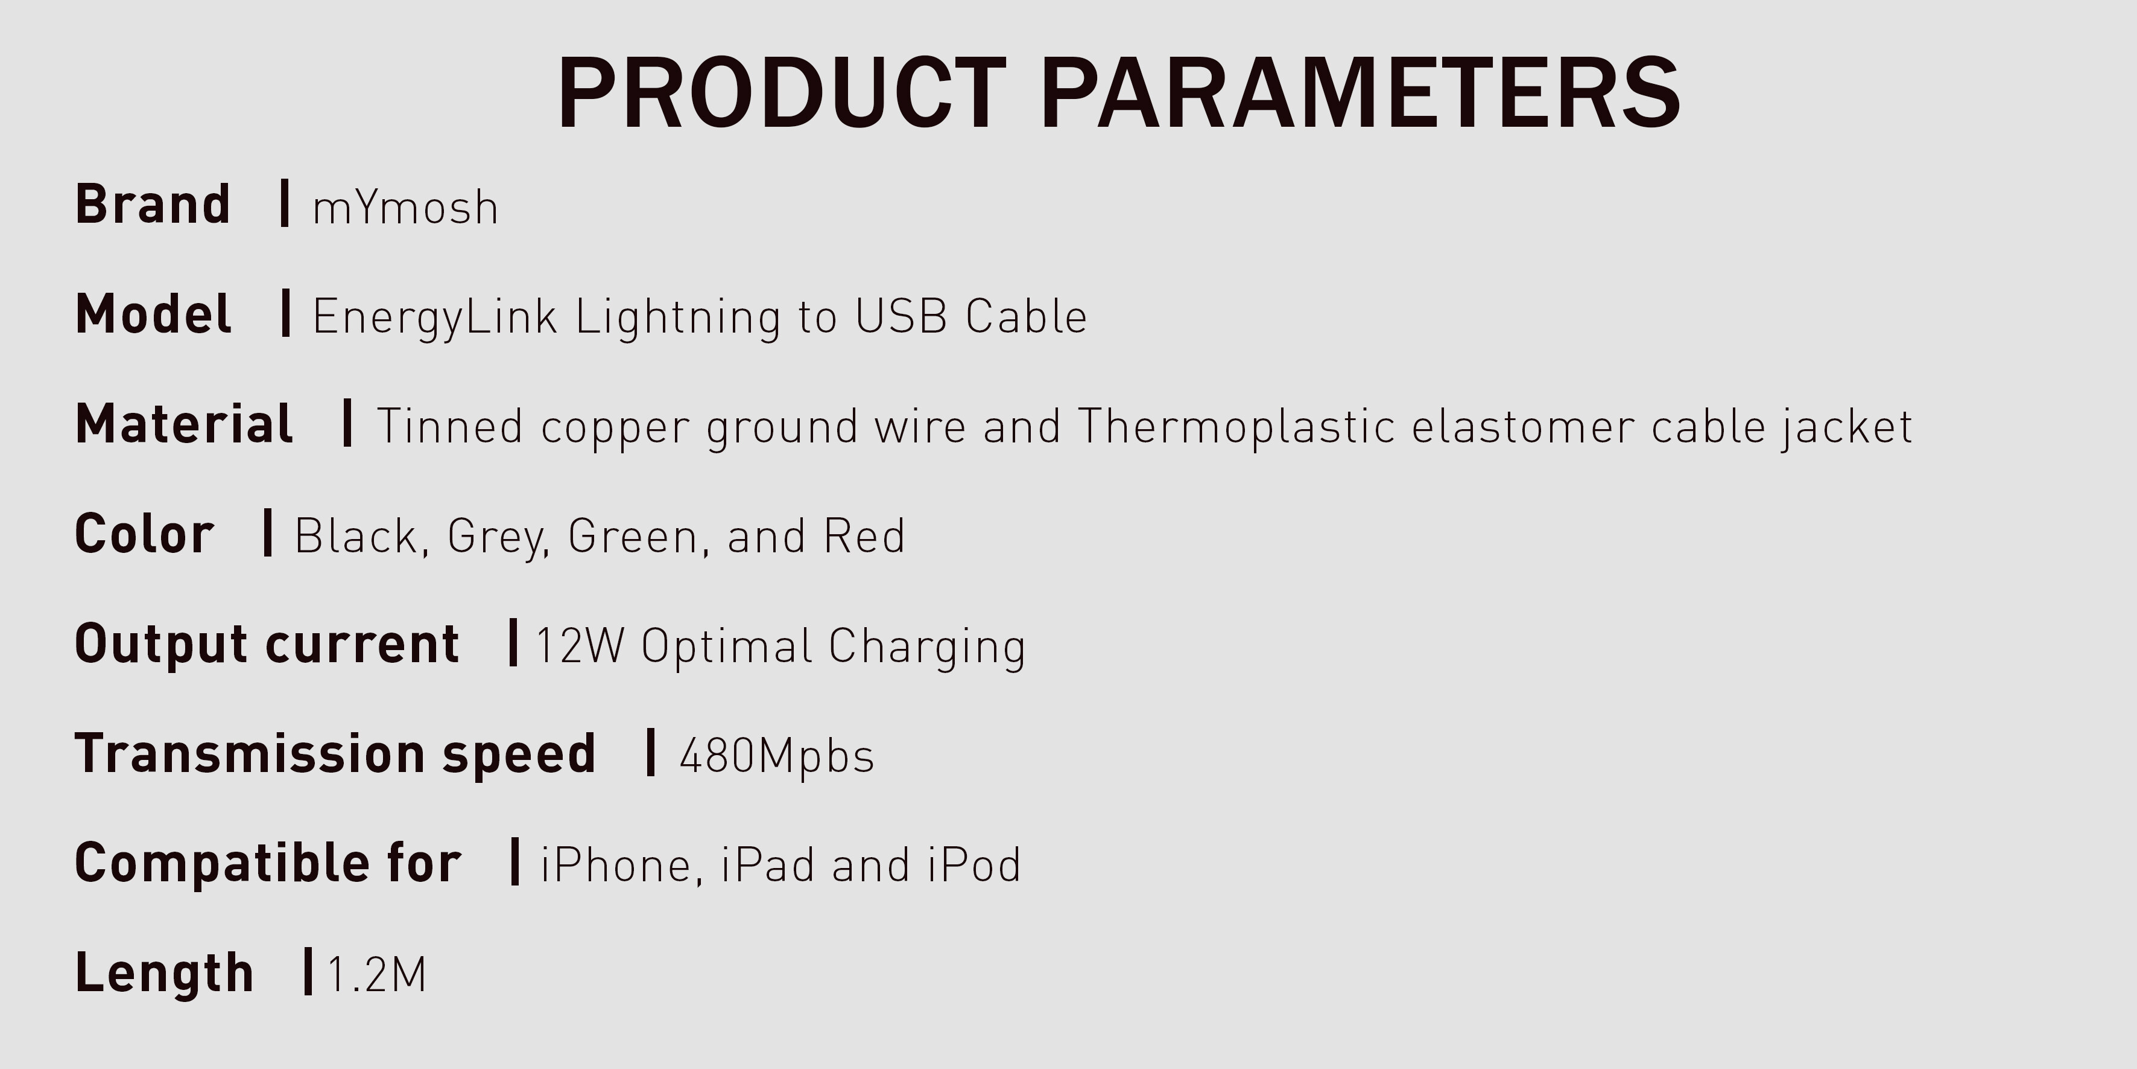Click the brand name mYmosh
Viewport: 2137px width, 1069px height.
[x=405, y=208]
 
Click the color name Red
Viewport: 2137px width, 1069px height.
[x=864, y=536]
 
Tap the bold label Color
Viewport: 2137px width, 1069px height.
[x=144, y=533]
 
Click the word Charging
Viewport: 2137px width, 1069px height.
[x=926, y=646]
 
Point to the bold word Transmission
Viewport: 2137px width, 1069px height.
[x=250, y=753]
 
